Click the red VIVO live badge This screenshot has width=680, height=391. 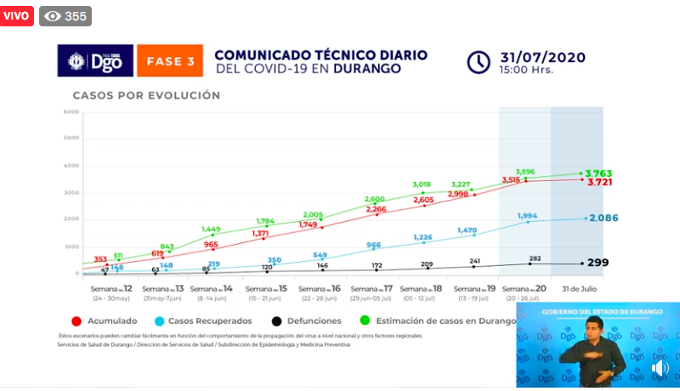point(17,15)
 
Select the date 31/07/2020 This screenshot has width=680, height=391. point(544,57)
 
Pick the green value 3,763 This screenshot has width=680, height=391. point(598,173)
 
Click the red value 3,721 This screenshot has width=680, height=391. point(598,183)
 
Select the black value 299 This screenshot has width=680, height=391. point(598,263)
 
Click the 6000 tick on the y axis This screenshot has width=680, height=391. point(71,111)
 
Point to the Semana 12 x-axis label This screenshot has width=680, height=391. point(110,292)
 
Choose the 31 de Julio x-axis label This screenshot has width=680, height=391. point(576,289)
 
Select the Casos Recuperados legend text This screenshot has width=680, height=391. point(211,321)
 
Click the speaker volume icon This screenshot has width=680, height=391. point(660,368)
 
